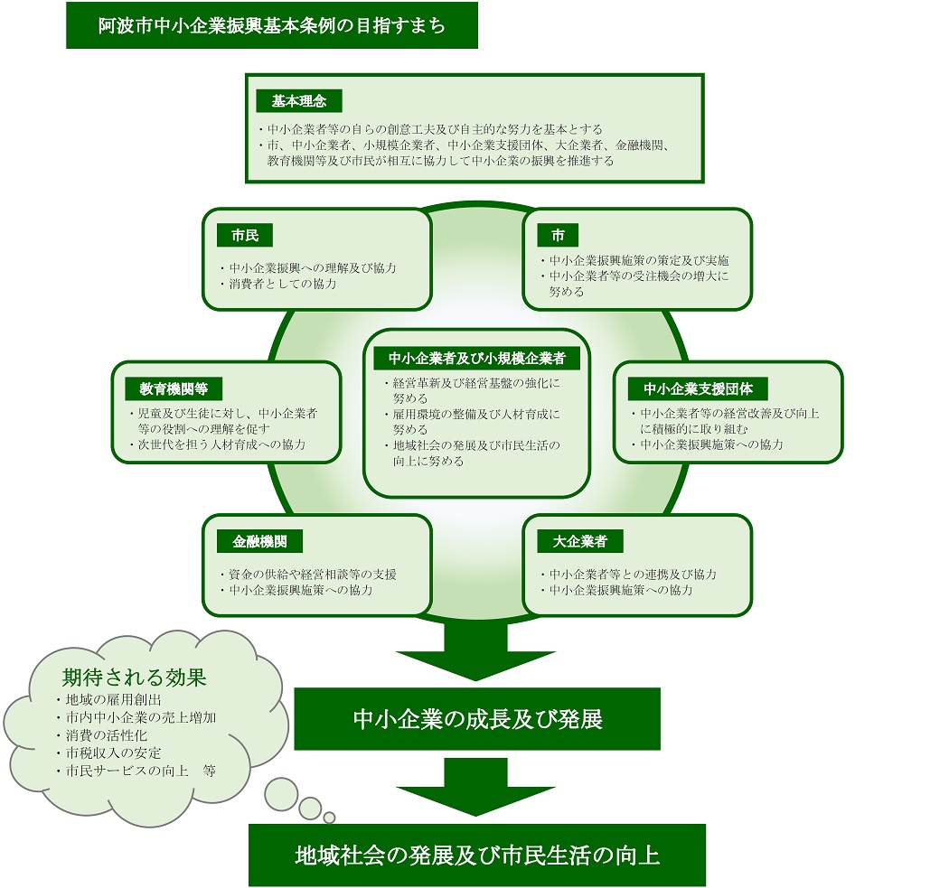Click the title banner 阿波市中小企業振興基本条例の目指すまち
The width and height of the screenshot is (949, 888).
click(272, 25)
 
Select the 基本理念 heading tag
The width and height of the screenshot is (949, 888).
click(299, 101)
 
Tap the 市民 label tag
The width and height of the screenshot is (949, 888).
click(245, 235)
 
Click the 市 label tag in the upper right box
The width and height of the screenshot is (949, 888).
click(558, 235)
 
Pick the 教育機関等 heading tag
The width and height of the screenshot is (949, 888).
click(174, 388)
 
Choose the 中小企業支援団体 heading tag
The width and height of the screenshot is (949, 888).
click(698, 388)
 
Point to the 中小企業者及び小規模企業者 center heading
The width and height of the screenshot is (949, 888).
click(476, 358)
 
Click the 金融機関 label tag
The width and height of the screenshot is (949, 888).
click(259, 541)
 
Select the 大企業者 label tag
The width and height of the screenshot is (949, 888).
click(580, 541)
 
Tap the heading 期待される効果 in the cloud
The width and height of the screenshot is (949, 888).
click(135, 678)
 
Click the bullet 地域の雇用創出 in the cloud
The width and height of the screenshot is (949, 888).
click(109, 700)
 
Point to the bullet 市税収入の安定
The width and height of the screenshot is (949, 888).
click(109, 753)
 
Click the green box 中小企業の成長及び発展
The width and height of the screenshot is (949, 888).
click(477, 719)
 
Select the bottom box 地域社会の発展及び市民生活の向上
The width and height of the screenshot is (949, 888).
click(477, 855)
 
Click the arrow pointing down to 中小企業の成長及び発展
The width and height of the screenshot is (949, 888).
click(475, 651)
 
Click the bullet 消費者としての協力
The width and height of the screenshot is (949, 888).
click(278, 284)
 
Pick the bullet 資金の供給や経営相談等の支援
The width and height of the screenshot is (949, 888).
click(309, 574)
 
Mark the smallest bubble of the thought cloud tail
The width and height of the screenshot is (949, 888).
click(329, 818)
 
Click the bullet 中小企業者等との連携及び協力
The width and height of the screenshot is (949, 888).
click(629, 574)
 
